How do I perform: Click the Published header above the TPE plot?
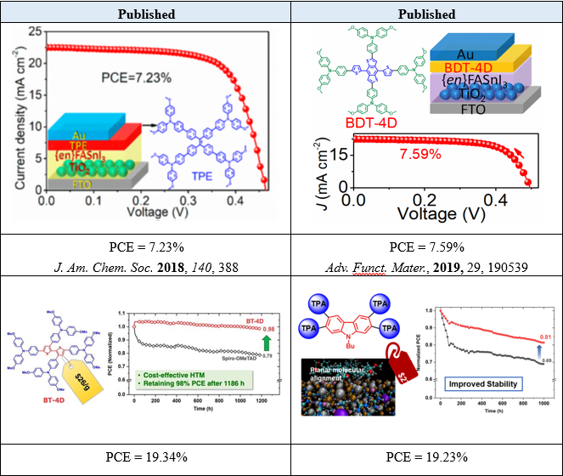[147, 14]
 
